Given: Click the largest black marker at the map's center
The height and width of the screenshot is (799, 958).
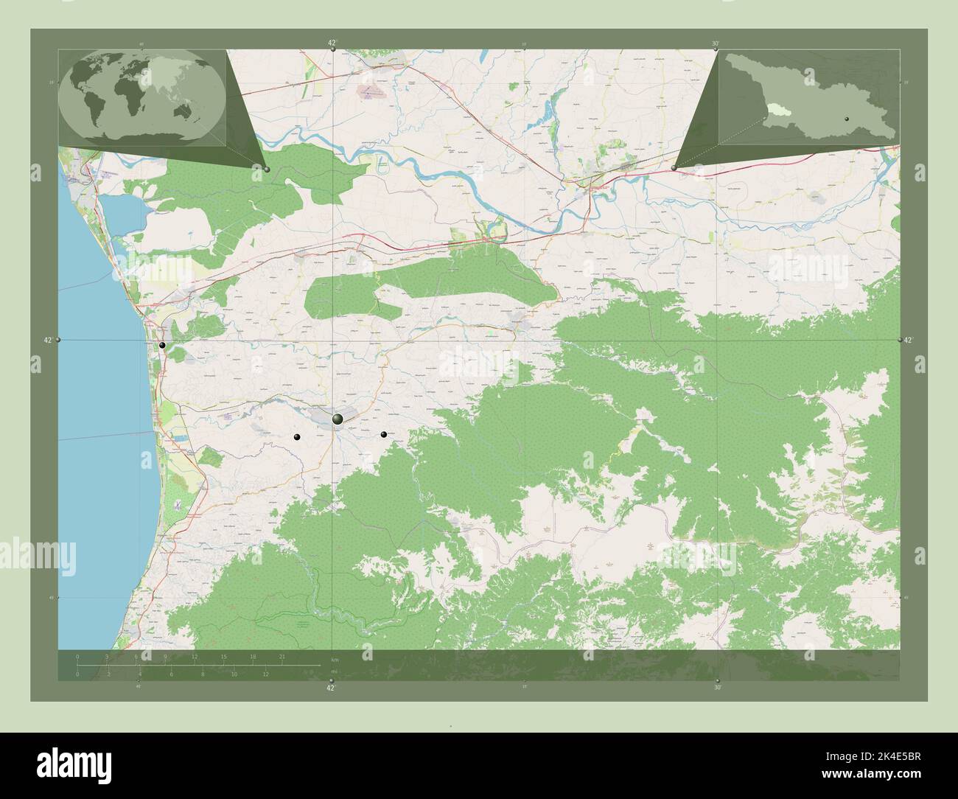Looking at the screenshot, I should pyautogui.click(x=338, y=419).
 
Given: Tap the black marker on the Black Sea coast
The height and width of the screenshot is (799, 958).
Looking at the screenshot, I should pyautogui.click(x=162, y=345).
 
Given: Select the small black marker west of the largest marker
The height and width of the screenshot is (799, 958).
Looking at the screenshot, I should pyautogui.click(x=297, y=437).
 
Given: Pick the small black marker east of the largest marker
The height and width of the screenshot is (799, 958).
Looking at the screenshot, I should pyautogui.click(x=384, y=434).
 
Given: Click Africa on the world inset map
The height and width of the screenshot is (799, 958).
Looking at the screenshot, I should pyautogui.click(x=133, y=96).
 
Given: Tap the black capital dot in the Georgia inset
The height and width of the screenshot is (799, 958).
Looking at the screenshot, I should pyautogui.click(x=847, y=119).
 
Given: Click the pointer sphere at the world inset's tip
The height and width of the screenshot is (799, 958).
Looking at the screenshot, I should pyautogui.click(x=267, y=170).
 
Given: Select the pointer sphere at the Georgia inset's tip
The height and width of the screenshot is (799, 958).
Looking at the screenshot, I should pyautogui.click(x=674, y=168).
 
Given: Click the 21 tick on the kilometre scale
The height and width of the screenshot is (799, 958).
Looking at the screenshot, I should pyautogui.click(x=282, y=656).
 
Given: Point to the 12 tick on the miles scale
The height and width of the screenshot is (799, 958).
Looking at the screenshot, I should pyautogui.click(x=266, y=674).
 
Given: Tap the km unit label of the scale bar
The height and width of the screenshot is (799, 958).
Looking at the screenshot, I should pyautogui.click(x=335, y=658).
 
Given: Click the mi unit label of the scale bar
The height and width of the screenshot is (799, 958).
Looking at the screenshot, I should pyautogui.click(x=334, y=671).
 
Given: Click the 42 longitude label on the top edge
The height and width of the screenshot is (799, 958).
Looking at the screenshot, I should pyautogui.click(x=332, y=43).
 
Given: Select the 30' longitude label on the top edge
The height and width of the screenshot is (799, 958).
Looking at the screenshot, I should pyautogui.click(x=716, y=44).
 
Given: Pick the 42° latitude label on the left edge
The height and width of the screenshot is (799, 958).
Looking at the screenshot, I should pyautogui.click(x=47, y=340).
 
